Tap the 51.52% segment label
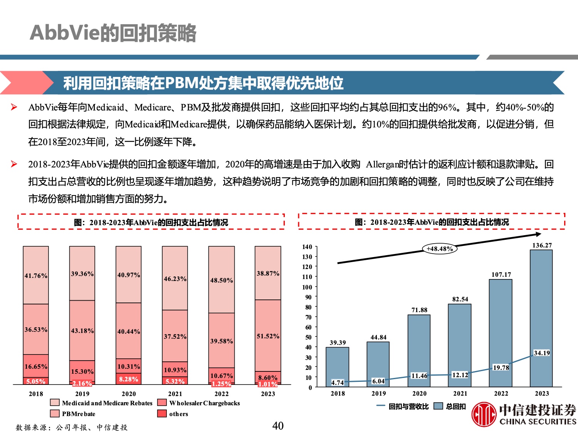click(268, 336)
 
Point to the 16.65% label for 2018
click(36, 366)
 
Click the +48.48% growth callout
click(440, 249)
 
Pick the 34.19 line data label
click(541, 353)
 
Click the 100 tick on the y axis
click(307, 287)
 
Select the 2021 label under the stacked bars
click(175, 394)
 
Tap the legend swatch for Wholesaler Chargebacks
click(162, 403)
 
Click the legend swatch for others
click(162, 414)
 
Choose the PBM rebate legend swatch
click(55, 414)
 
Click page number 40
click(278, 426)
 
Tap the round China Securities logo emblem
click(484, 415)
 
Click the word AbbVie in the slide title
click(65, 33)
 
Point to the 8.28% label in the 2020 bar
click(128, 379)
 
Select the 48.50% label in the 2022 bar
click(222, 280)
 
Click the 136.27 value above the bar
click(542, 245)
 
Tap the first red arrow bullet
click(14, 107)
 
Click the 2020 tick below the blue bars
click(419, 393)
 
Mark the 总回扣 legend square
click(438, 406)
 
